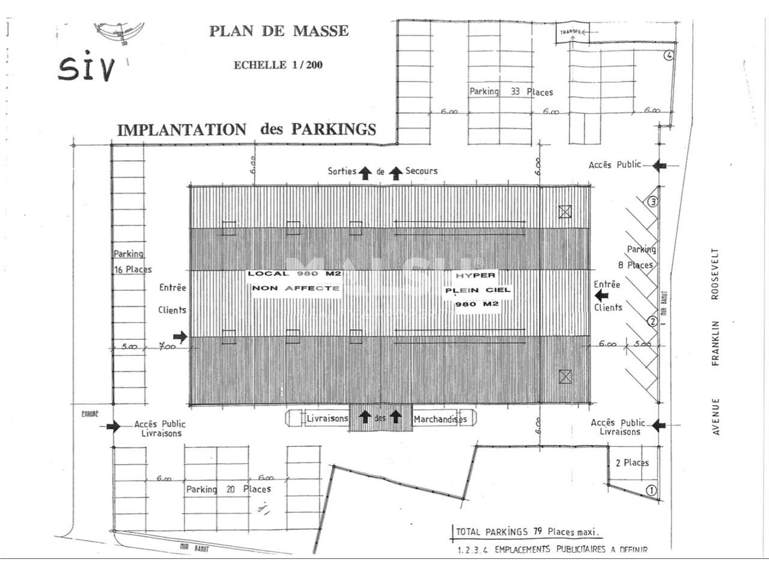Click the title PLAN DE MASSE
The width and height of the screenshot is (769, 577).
tap(279, 31)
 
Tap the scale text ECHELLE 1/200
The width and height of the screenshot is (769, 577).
tap(278, 65)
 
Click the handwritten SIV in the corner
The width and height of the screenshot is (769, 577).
tap(87, 69)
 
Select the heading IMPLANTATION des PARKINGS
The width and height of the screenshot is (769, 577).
tap(246, 129)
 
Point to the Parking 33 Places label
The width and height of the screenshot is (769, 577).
tap(511, 92)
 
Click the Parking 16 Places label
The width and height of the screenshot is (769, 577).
tap(132, 262)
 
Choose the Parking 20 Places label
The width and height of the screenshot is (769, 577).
tap(228, 489)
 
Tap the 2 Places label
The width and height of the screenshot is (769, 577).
tap(632, 463)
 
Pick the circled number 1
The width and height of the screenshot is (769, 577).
tap(651, 490)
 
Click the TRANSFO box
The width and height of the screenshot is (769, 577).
tap(571, 33)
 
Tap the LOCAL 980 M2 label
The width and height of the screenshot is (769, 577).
tap(294, 274)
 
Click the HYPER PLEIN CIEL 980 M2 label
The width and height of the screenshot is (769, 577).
tap(476, 290)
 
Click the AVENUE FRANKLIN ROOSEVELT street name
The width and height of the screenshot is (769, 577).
tap(716, 341)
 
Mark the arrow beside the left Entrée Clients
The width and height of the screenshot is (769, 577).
tap(180, 337)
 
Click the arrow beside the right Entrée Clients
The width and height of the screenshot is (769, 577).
tap(601, 295)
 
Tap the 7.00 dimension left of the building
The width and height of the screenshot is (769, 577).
tap(167, 347)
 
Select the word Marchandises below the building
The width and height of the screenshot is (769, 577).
tap(440, 420)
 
